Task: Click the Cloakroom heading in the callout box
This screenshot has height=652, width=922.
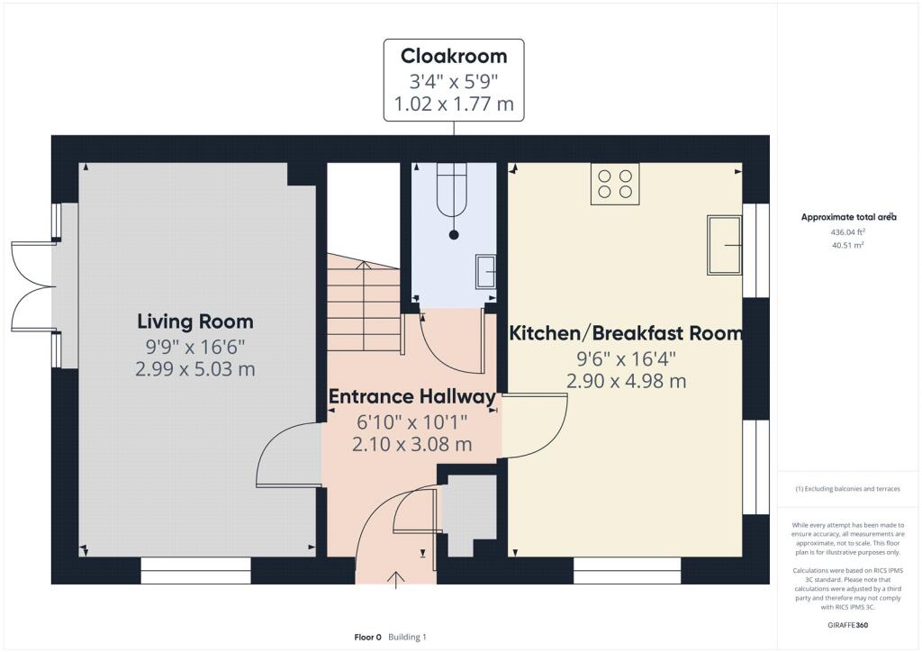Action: coord(454,56)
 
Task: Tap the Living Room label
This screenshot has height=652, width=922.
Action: coord(195,321)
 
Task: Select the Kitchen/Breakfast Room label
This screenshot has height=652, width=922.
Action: coord(626,333)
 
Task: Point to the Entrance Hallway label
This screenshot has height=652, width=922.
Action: coord(411,397)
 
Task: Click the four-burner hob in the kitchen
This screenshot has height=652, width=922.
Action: coord(615,184)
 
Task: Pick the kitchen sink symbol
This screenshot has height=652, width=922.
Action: coord(725,245)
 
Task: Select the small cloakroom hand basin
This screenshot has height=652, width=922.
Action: coord(485,272)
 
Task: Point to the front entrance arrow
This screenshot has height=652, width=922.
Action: coord(396,580)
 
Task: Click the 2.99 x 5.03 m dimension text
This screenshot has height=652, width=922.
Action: coord(195,369)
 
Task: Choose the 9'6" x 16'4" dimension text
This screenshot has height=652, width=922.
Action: coord(626,358)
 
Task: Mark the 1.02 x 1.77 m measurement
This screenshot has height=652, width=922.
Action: coord(454,104)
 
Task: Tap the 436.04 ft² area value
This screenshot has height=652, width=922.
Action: coord(848,232)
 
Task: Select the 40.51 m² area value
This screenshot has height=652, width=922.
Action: coord(848,245)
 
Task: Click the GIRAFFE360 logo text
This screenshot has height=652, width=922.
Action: coord(848,625)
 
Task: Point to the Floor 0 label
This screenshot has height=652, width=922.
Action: coord(367,637)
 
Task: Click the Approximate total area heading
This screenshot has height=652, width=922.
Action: coord(848,217)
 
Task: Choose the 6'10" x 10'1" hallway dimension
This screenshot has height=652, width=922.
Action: coord(411,421)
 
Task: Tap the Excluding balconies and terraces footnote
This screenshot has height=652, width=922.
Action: coord(847,489)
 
